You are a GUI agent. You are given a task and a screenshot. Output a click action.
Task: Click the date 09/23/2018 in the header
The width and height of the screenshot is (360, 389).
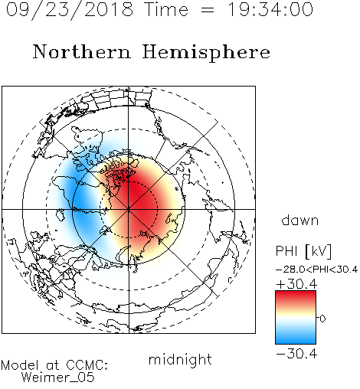pos(70,10)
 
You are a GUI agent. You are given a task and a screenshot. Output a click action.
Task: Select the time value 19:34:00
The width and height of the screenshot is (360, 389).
pos(270,10)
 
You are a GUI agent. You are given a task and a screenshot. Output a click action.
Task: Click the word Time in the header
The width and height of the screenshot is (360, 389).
pos(166,10)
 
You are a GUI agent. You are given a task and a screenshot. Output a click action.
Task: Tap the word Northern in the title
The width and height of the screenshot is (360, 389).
pos(82,52)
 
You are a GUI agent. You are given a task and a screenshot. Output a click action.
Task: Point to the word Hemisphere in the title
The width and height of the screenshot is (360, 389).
pos(206,53)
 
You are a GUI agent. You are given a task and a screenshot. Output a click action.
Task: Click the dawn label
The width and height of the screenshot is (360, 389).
pos(300,220)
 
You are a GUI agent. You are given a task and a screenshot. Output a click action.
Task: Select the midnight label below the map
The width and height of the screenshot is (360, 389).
pos(180,360)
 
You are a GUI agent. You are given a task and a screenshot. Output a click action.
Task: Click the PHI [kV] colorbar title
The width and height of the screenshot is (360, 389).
pos(303,251)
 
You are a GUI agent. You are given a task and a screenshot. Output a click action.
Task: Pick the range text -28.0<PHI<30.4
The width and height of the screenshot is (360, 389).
pos(316,270)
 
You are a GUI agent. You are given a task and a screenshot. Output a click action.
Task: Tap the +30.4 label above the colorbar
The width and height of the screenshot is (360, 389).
pos(296,284)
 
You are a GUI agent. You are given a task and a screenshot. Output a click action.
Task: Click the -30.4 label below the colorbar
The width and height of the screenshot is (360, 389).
pos(296,354)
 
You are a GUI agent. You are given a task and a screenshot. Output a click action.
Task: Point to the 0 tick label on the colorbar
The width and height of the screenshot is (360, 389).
pos(322,319)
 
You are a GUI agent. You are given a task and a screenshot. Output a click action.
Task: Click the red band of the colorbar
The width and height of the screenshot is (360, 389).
pos(296,297)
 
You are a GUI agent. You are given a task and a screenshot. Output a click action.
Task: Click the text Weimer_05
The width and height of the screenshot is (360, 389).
pos(58,378)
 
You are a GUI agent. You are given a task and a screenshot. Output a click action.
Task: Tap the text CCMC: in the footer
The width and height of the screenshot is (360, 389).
pos(87,365)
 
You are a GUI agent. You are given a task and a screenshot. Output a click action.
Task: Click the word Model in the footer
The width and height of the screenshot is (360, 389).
pos(20,365)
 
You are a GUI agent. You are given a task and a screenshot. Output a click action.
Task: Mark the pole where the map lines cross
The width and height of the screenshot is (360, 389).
pos(129,210)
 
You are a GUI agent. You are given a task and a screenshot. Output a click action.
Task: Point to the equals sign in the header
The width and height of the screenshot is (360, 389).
pos(208,10)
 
